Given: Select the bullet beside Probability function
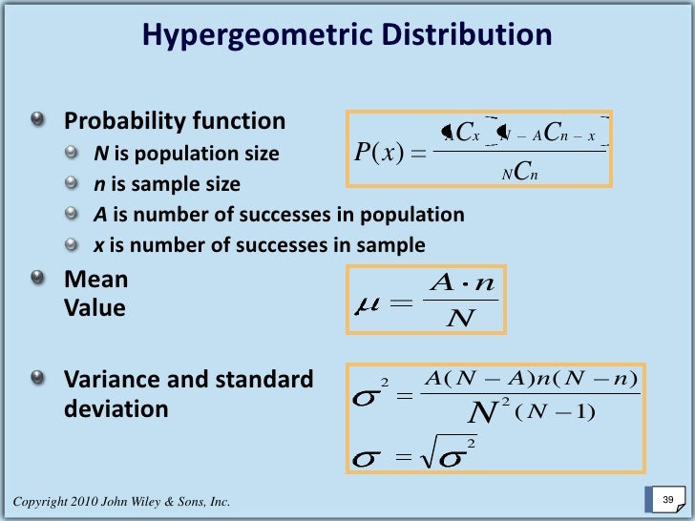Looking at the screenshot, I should (x=37, y=120).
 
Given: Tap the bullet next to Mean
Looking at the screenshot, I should (x=37, y=279).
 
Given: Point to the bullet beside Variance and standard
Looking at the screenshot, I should (x=37, y=378).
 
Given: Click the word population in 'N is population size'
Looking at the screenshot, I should (x=183, y=154).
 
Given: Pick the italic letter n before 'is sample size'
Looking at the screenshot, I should (x=98, y=183).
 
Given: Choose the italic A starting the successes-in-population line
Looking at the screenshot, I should (x=99, y=215).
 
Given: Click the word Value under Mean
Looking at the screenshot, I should (x=95, y=309).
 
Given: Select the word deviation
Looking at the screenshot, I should (x=116, y=409).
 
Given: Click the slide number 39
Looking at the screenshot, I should (x=667, y=500).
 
